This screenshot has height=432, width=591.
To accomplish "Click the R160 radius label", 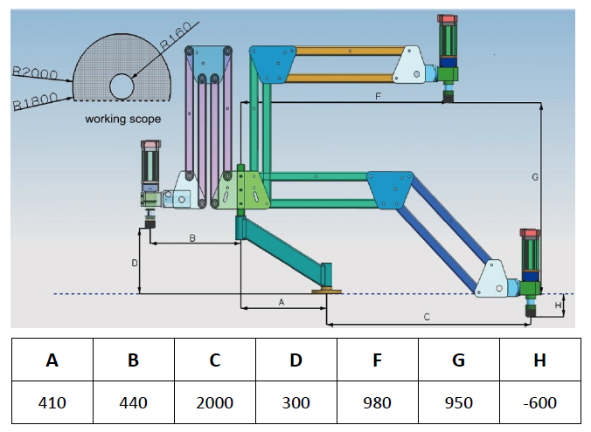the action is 177,36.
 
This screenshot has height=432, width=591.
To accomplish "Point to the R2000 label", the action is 35,73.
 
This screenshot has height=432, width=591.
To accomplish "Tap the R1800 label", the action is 36,101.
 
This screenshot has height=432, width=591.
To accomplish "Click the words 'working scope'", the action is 123,119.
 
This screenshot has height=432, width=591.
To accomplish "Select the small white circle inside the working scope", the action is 122,86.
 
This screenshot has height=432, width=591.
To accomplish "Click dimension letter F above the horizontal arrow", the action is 378,97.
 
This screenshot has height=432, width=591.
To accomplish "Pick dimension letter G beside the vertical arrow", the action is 535,177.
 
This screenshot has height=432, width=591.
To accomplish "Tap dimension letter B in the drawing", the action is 192,238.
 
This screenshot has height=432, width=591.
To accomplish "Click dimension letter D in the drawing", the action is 135,263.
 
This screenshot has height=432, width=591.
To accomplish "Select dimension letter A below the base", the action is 282,302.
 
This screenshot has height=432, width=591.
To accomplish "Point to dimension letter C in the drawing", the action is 427,317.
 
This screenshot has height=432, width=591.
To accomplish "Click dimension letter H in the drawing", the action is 558,305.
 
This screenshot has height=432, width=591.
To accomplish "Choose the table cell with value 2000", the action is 215,402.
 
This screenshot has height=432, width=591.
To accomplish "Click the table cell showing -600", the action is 540,402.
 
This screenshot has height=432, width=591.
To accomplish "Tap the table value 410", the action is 52,403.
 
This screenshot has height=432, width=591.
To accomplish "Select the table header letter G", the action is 458,360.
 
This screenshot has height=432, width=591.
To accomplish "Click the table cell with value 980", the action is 378,402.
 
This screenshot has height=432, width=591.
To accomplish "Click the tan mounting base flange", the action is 326,291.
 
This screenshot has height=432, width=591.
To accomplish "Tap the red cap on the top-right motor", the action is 448,18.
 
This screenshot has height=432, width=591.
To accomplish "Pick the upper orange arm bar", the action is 350,51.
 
